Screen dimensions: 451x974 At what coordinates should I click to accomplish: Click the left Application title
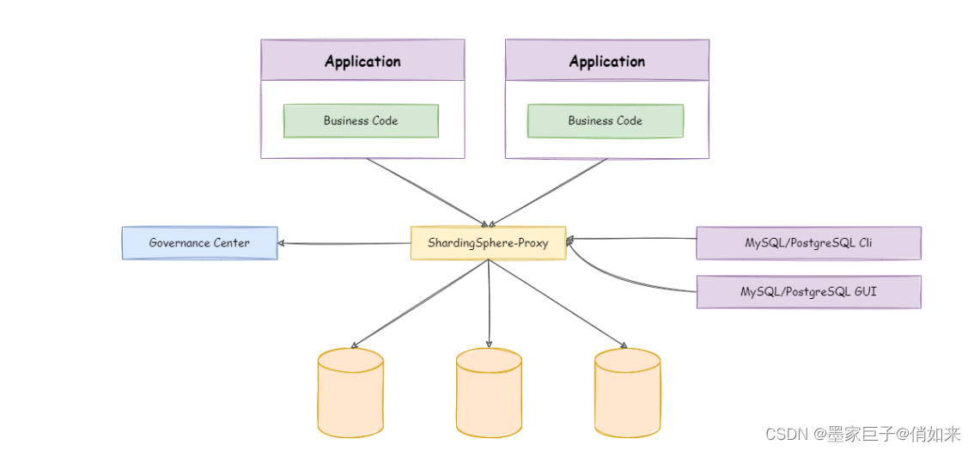pos(362,62)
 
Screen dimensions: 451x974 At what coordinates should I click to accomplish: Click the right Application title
pos(606,62)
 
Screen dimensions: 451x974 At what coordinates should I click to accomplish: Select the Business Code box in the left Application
pos(361,121)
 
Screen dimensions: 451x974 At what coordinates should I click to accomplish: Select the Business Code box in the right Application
pos(606,121)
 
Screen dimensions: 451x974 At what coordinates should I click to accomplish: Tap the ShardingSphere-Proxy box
pos(488,243)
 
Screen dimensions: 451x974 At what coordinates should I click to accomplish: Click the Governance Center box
pos(199,243)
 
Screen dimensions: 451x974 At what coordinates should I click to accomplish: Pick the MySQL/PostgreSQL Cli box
pos(808,243)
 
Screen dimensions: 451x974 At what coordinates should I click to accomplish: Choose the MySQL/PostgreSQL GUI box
pos(808,292)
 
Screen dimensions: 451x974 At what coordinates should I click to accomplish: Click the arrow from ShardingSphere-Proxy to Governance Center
pos(344,243)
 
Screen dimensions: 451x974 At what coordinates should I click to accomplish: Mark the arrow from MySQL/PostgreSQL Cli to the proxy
pos(631,240)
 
